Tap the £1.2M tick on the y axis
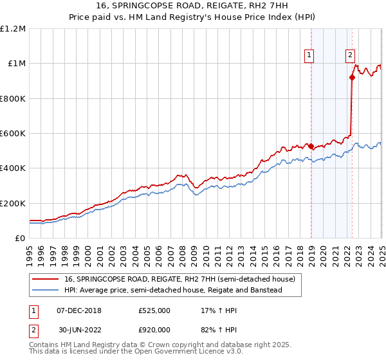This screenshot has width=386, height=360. [x=14, y=29]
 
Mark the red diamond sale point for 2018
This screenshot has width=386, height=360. [x=311, y=147]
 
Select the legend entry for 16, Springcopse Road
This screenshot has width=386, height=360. [x=179, y=279]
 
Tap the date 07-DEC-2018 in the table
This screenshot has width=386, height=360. [x=79, y=310]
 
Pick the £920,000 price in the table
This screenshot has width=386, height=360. [x=154, y=330]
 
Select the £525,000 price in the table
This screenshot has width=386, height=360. [x=154, y=310]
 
